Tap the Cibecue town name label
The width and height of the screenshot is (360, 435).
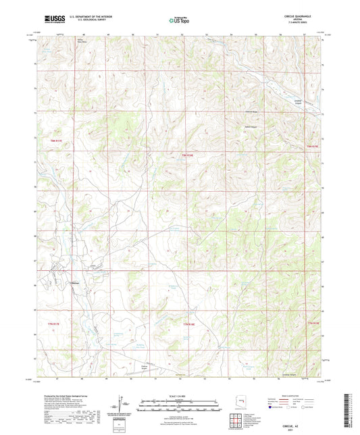(x=76, y=283)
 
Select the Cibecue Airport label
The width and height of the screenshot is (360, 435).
(x=145, y=368)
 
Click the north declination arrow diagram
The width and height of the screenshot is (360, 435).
(x=122, y=404)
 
